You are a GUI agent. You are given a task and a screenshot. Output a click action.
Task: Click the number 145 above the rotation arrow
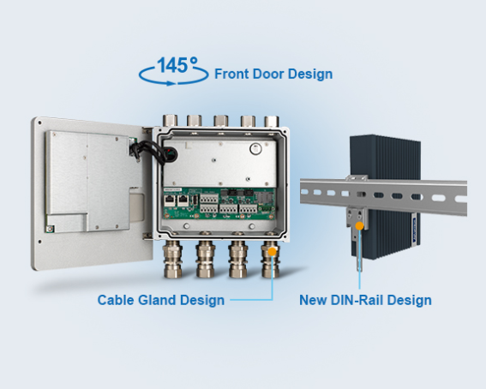172,65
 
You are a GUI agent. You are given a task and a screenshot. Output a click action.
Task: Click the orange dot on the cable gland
272,252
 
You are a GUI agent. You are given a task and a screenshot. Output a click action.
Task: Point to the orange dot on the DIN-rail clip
359,226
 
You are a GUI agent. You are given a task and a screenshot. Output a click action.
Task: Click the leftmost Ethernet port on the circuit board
170,200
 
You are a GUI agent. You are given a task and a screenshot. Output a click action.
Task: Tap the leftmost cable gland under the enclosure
172,259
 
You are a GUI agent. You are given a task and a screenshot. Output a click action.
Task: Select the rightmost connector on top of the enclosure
272,121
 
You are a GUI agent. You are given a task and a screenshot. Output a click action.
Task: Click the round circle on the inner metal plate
255,149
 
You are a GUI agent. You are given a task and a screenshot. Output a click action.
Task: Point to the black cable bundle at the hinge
153,151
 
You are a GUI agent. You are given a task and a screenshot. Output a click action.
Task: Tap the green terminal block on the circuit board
266,209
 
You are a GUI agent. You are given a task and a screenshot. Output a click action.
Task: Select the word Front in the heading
232,74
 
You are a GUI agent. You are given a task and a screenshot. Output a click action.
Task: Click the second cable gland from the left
205,259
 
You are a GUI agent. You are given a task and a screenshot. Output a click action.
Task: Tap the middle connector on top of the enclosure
220,121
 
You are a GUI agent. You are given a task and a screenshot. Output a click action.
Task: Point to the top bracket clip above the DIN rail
357,178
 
